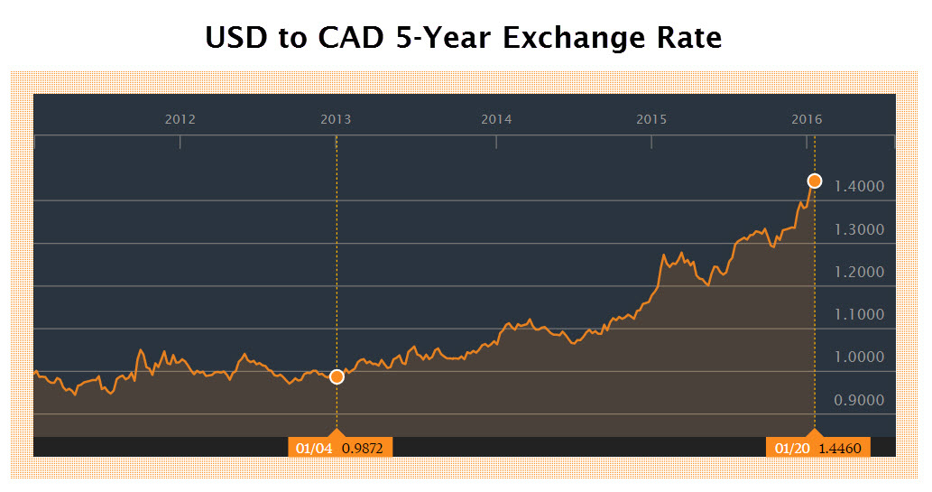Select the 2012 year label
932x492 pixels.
tap(180, 119)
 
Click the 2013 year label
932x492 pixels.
tap(337, 119)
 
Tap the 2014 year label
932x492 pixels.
tap(496, 119)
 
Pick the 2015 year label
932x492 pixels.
tap(651, 119)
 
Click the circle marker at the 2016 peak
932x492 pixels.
tap(814, 181)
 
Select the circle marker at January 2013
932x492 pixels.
tap(337, 376)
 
